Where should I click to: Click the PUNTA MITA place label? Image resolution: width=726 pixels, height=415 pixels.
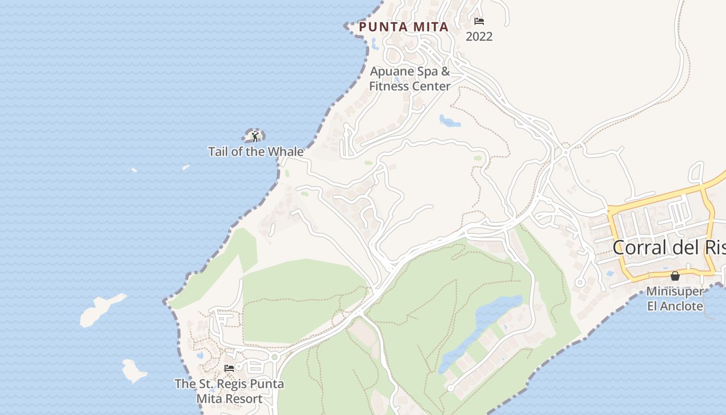click(403, 27)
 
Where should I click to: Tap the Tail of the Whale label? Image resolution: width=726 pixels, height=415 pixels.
click(256, 151)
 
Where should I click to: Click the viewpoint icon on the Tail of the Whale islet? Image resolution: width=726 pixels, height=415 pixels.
click(255, 136)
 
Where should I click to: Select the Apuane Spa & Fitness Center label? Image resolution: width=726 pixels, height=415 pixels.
click(410, 79)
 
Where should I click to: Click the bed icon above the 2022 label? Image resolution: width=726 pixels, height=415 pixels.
click(479, 21)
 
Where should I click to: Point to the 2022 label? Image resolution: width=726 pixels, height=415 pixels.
click(479, 36)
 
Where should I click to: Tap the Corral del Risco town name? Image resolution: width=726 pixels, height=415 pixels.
click(669, 247)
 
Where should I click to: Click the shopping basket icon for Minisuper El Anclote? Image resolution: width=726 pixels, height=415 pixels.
click(675, 276)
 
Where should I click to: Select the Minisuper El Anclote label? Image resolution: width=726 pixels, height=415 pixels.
click(675, 298)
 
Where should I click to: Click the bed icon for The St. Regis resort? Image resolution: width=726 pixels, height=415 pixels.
click(229, 368)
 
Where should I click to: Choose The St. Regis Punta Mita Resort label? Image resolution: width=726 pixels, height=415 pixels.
click(229, 391)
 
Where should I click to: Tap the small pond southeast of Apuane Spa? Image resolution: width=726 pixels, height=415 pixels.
click(450, 121)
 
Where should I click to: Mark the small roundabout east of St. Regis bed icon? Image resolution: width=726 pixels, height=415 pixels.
click(274, 356)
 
